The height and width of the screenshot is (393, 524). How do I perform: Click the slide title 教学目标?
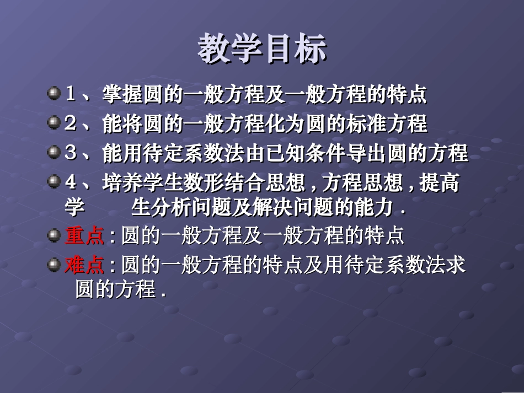[x=262, y=49]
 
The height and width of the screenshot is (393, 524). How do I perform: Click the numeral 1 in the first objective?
[x=70, y=94]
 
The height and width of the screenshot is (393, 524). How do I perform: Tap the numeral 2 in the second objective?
[x=70, y=123]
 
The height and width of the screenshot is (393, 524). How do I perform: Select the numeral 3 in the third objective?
[x=70, y=153]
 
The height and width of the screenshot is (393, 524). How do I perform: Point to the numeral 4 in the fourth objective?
[x=70, y=182]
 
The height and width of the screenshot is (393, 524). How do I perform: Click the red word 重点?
[x=84, y=236]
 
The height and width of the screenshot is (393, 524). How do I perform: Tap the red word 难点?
[x=84, y=266]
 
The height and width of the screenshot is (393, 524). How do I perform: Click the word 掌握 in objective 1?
[x=121, y=95]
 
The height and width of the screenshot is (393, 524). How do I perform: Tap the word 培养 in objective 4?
[x=121, y=183]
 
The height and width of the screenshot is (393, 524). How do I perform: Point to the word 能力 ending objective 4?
[x=373, y=208]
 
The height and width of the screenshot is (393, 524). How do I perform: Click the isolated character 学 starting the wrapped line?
[x=74, y=208]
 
